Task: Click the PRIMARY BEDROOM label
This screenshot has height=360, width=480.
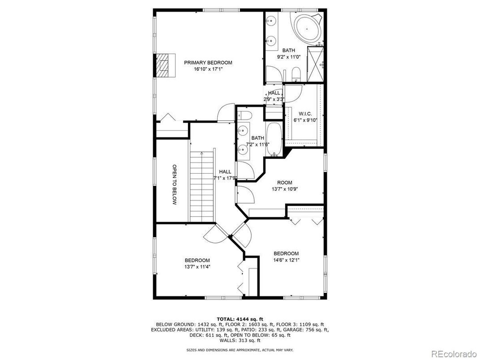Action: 208,63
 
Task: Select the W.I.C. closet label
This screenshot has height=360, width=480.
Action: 303,114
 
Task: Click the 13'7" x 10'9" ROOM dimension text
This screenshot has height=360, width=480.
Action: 284,189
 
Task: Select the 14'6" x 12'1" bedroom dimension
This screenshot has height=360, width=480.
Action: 286,260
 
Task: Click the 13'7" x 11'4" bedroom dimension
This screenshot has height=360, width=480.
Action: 197,266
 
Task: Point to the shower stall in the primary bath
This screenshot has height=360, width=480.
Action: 316,64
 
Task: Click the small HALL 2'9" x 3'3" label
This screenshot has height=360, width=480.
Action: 274,96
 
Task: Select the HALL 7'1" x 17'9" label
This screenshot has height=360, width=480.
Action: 225,175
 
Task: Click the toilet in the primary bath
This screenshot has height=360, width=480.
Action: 296,74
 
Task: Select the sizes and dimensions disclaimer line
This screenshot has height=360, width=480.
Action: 240,350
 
